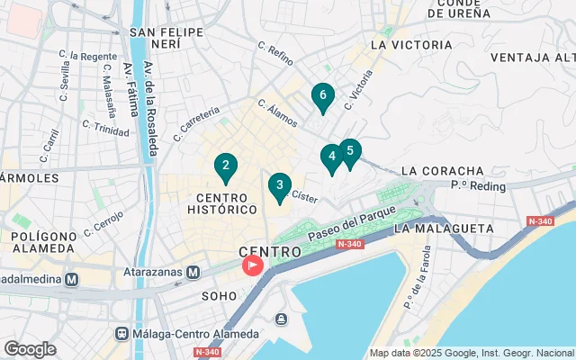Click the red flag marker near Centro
[x=253, y=265]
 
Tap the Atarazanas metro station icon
[x=193, y=272]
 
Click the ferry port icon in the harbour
[x=281, y=319]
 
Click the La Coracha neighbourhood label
[x=442, y=171]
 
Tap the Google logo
[x=30, y=348]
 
